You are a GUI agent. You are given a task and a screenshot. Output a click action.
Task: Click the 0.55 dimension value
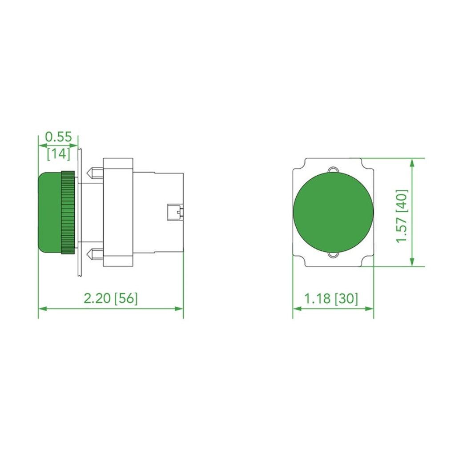58,137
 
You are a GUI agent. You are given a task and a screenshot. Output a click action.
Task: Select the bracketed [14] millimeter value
58,154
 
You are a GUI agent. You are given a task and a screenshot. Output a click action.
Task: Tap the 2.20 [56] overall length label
111,298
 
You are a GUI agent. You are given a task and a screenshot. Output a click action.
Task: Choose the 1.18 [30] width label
331,298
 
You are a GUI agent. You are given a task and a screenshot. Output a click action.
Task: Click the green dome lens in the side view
49,213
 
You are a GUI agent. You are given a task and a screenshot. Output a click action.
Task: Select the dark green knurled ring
68,213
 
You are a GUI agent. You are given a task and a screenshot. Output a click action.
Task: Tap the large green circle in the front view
333,212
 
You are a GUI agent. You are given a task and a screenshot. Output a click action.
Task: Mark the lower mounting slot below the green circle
333,255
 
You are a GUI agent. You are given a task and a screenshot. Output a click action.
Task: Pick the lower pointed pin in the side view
95,254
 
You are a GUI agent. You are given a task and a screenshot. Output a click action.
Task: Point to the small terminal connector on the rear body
175,213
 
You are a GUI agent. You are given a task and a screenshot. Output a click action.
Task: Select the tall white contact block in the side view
118,213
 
